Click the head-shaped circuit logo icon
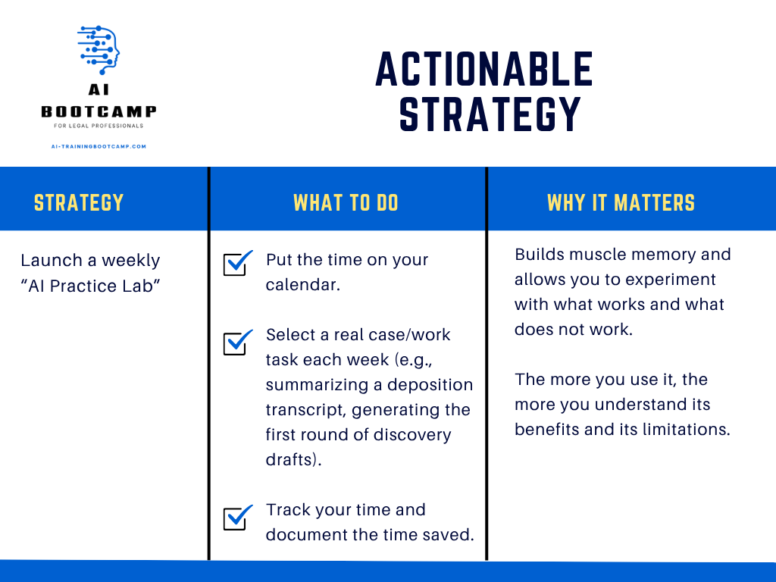pos(99,50)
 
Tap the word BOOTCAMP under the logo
pos(99,112)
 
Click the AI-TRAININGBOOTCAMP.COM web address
pos(99,146)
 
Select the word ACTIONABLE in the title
pos(484,69)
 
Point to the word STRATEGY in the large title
pos(490,114)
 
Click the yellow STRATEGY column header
pos(79,203)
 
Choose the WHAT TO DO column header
pos(346,203)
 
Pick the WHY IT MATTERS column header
pos(621,203)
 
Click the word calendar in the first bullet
pos(300,285)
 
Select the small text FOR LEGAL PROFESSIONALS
pos(99,126)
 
